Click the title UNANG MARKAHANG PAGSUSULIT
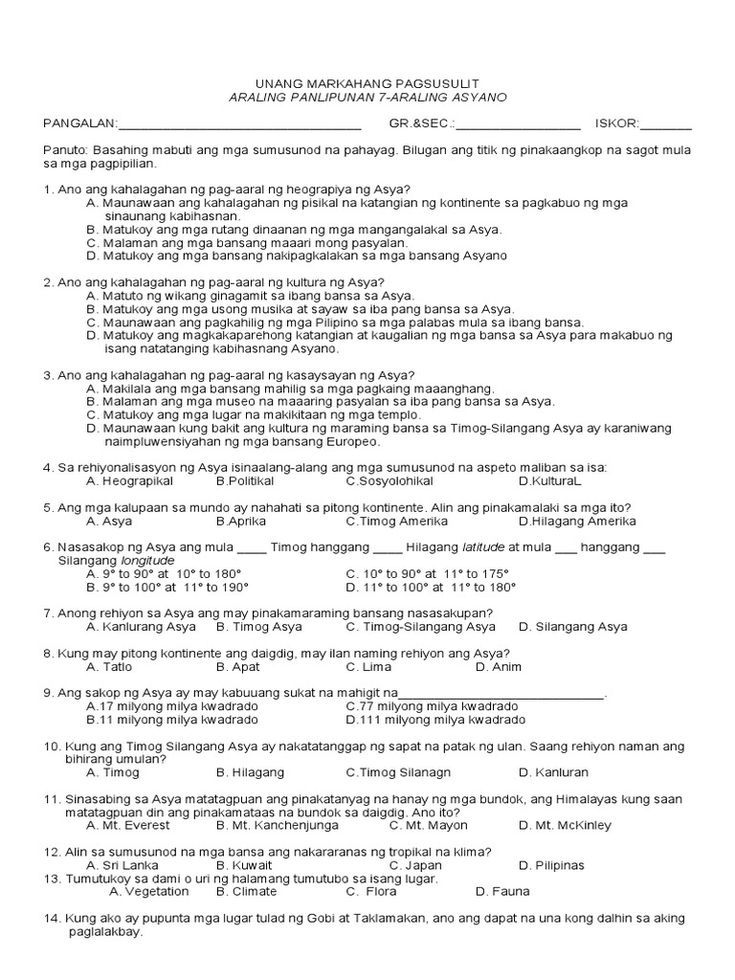[x=368, y=83]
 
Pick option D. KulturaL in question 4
[x=549, y=480]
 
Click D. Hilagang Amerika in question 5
[x=577, y=522]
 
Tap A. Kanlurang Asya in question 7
[x=141, y=627]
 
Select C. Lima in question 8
[x=367, y=666]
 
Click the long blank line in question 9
[x=501, y=694]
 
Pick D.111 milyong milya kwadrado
[x=435, y=719]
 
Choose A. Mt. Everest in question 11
[x=128, y=825]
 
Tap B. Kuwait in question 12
[x=244, y=865]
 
